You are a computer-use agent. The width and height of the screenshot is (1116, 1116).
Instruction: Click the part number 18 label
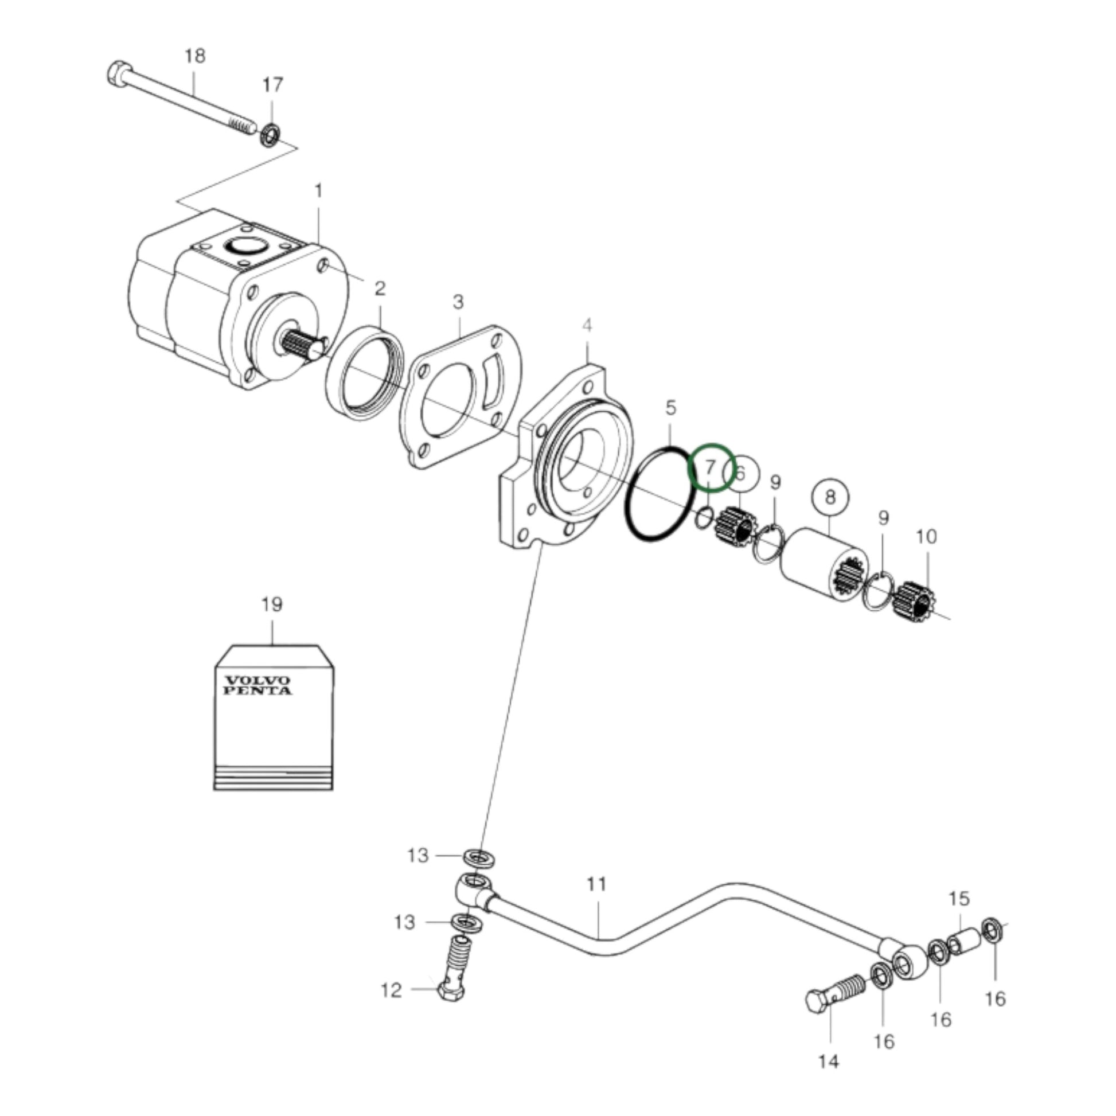click(x=194, y=57)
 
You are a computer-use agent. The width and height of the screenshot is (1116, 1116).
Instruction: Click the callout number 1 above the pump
click(x=318, y=190)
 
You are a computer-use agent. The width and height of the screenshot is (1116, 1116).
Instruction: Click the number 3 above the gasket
click(x=458, y=302)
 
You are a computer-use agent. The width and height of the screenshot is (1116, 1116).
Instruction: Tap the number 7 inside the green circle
click(x=711, y=467)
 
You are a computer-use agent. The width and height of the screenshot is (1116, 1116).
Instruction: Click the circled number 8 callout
click(x=830, y=497)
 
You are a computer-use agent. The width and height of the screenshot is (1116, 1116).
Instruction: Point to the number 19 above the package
click(x=271, y=605)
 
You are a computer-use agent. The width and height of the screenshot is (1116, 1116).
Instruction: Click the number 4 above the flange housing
click(x=587, y=326)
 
